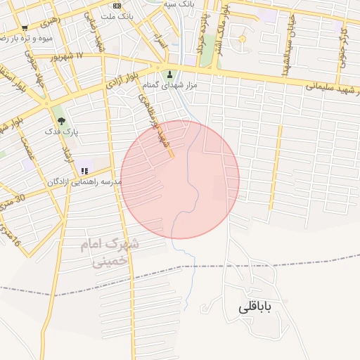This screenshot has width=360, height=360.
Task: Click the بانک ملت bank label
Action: pos(116,15)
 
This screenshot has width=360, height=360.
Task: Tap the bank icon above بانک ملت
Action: pos(116,6)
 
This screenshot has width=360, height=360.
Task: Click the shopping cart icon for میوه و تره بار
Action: pos(25,28)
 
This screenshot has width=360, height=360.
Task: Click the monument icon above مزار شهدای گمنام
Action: pos(169,74)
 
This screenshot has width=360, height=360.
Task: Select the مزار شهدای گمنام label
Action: pos(169,85)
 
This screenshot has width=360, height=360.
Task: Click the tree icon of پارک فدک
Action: pos(61,121)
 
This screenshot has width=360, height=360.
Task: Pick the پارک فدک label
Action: pos(61,131)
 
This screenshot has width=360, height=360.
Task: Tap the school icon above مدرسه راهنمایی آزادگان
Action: pos(84,171)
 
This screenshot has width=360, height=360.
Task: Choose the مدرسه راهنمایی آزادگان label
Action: pos(84,181)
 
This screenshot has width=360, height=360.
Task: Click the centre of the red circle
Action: pos(180,179)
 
